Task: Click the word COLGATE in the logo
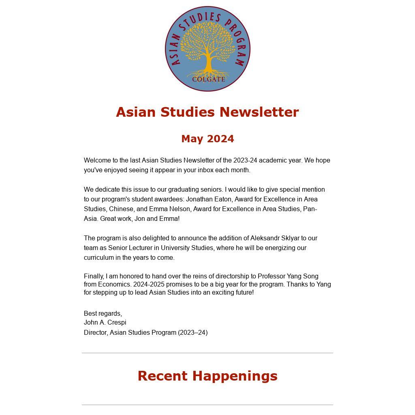208,79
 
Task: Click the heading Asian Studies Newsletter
207,112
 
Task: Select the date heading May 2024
207,139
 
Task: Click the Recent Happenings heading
207,376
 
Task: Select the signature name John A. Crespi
105,323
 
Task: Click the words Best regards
103,314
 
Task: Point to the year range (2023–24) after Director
193,333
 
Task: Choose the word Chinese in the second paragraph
121,209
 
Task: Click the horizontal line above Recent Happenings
207,353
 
